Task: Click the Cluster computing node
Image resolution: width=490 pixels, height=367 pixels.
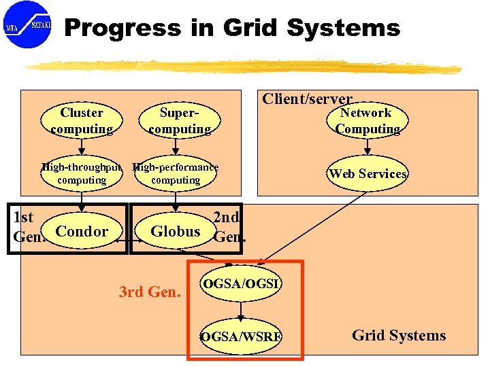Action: pos(82,120)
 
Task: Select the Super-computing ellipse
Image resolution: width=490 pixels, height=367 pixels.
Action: pos(180,120)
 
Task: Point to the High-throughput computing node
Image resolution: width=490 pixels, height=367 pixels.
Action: pos(82,173)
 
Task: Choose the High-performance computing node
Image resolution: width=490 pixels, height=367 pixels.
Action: pos(176,173)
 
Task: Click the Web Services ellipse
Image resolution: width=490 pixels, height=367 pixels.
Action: pos(367,173)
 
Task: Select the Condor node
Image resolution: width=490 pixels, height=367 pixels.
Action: pos(82,231)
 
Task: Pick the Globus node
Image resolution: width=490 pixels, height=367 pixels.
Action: pos(176,231)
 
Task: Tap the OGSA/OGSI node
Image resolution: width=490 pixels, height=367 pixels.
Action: pos(240,283)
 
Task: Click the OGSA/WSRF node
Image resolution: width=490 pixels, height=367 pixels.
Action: pos(241,336)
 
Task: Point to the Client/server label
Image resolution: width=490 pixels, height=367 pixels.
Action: pos(308,99)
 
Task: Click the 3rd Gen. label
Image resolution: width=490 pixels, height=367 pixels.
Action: pos(150,293)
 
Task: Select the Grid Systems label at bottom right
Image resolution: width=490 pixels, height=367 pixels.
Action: pos(399,335)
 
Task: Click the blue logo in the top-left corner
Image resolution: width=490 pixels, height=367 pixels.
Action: pos(27,24)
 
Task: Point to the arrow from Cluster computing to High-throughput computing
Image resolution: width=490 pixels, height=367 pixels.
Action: pos(82,147)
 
